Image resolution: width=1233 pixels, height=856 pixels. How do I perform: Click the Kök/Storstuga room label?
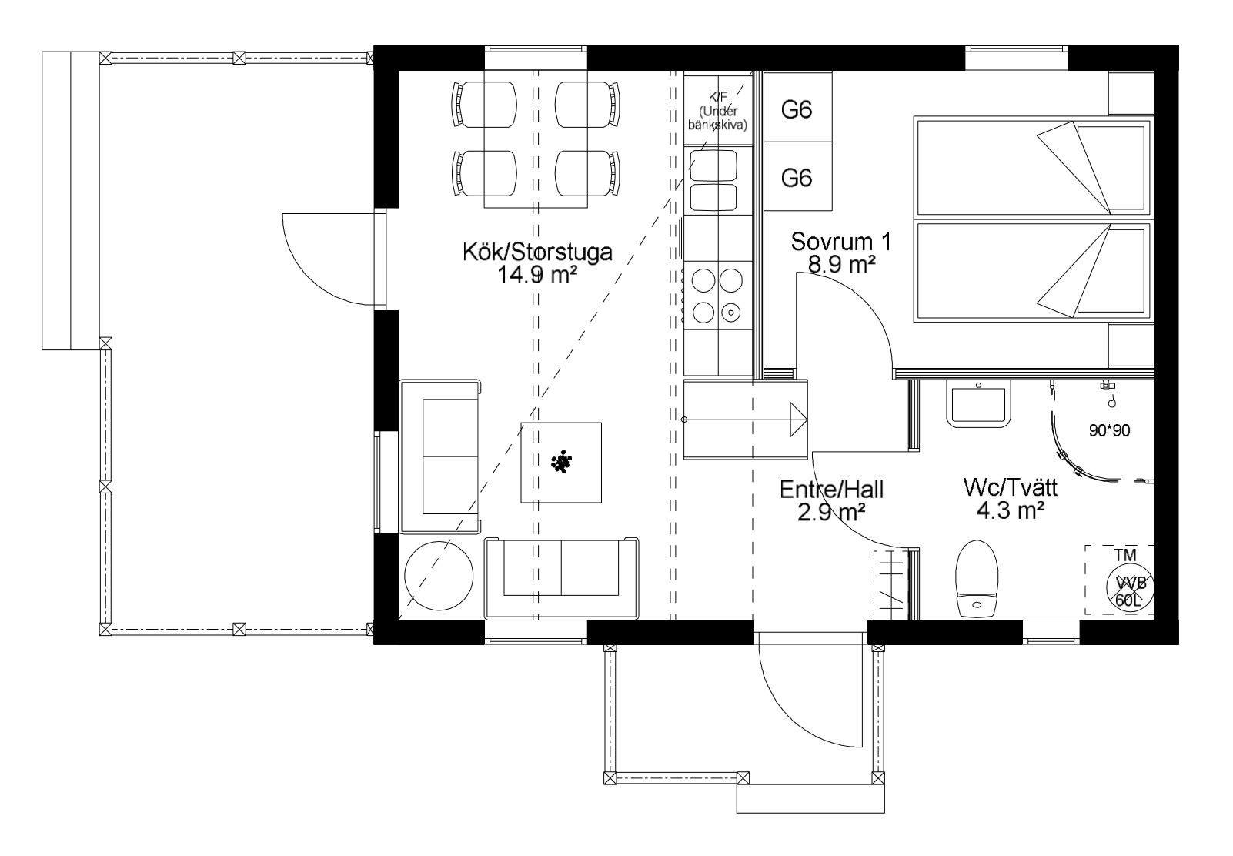pos(537,252)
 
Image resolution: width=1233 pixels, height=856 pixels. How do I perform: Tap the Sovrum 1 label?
pos(840,242)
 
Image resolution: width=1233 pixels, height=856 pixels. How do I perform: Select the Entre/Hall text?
pos(832,490)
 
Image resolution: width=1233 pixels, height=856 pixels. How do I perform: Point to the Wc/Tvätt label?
pos(1011,488)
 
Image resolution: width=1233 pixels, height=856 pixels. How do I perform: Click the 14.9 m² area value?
pos(536,275)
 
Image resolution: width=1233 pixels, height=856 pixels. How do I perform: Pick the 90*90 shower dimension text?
pos(1109,430)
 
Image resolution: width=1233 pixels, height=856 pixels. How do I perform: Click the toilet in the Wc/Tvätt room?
pos(977,579)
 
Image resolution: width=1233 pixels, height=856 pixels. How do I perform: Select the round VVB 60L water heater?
pos(1130,587)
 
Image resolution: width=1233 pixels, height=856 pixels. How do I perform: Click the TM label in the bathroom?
pos(1125,555)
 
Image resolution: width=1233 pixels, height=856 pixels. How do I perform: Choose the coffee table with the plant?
pos(561,463)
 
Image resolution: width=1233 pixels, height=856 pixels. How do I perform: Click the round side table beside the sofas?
pos(439,576)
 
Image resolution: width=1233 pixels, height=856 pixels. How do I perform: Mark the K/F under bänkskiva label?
pos(718,111)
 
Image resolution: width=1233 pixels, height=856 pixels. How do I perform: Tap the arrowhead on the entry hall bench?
pos(799,420)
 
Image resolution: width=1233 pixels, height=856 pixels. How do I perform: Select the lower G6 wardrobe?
pos(797,176)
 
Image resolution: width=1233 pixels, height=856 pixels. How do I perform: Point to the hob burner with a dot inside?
pos(731,313)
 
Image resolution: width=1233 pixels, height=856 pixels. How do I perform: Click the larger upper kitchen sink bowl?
pos(713,166)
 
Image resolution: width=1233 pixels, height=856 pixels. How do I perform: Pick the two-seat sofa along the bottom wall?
pos(561,577)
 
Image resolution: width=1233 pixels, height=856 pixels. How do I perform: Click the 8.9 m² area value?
pos(842,265)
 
